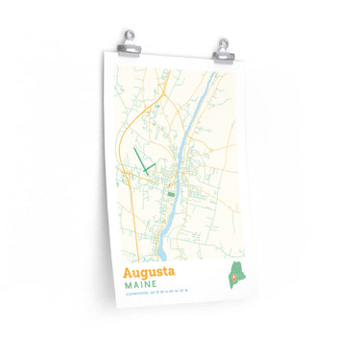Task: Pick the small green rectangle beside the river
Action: (x=172, y=193)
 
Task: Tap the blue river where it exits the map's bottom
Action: (x=162, y=259)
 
